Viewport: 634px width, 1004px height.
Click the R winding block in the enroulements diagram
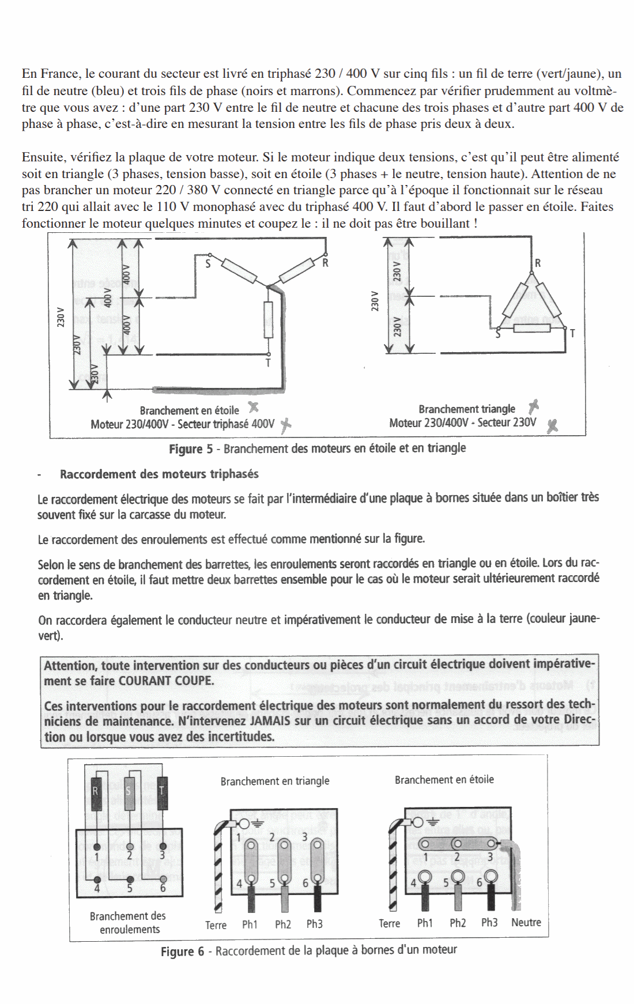[x=96, y=794]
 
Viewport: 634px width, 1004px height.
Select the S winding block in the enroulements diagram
[x=129, y=794]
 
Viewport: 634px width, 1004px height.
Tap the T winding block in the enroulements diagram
[x=162, y=794]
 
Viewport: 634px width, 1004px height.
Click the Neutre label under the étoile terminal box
[x=526, y=922]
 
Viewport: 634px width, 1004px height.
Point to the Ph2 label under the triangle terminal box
[x=283, y=924]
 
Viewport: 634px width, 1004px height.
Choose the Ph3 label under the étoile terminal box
[x=489, y=922]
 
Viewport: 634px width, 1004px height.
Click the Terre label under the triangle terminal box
[x=216, y=925]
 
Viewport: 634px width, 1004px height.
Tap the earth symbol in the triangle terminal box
[x=255, y=824]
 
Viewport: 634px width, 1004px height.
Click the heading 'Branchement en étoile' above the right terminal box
[x=444, y=780]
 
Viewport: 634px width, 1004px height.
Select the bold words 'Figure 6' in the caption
[x=182, y=951]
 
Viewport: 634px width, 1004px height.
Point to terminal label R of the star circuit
[x=325, y=263]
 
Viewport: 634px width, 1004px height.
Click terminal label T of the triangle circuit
[x=572, y=334]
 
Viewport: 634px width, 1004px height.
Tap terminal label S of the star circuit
[x=207, y=265]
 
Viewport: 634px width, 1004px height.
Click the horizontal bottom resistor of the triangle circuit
[x=532, y=329]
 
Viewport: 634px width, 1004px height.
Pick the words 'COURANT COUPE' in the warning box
[x=166, y=681]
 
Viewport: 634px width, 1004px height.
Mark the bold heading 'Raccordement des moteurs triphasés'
[x=159, y=474]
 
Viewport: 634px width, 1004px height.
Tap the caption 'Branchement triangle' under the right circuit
[x=467, y=409]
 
